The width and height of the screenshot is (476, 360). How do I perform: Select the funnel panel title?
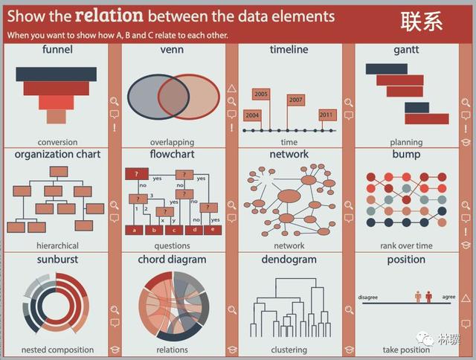[57, 50]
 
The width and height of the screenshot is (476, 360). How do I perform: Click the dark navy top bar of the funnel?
[57, 74]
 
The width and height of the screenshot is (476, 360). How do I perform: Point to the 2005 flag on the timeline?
[261, 94]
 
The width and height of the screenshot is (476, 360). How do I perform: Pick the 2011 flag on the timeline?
[327, 115]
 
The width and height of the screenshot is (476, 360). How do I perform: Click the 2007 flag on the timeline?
[296, 100]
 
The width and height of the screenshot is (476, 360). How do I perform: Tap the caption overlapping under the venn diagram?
[172, 142]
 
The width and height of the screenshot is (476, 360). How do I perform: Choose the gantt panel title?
[406, 50]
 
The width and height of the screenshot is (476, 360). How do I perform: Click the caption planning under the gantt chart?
[406, 142]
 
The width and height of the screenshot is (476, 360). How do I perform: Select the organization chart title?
[57, 155]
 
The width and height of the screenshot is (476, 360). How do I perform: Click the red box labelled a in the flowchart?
[134, 230]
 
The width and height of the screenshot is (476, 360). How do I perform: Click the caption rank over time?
[406, 245]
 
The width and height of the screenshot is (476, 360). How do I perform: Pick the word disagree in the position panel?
[367, 298]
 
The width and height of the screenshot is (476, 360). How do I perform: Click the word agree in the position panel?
[448, 297]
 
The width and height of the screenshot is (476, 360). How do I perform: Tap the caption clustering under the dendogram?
[289, 350]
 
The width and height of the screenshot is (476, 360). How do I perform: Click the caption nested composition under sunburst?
[57, 350]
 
